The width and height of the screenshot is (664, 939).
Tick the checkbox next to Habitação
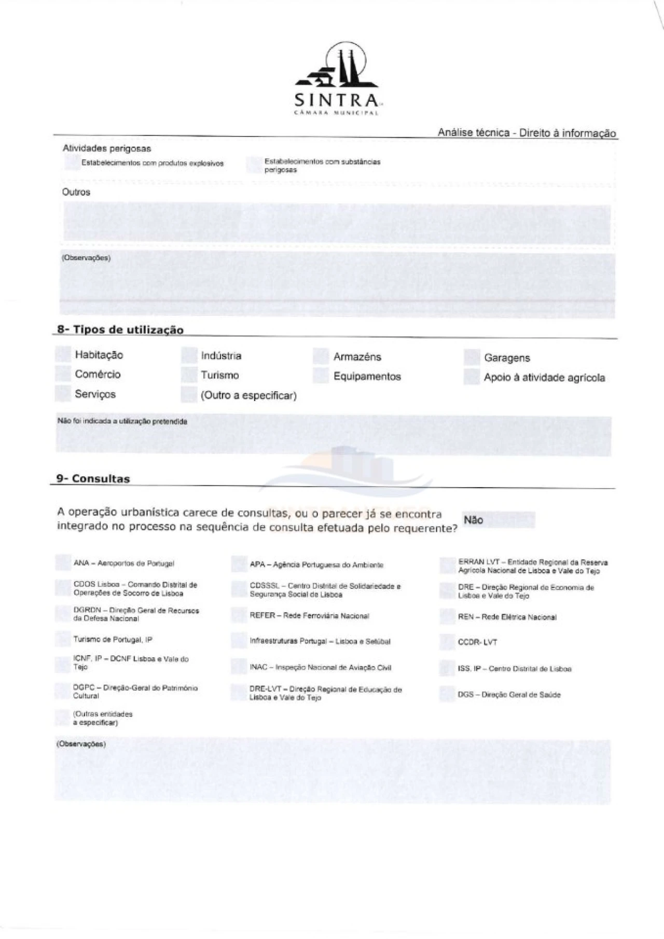pos(63,354)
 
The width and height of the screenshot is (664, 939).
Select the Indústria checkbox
pos(189,355)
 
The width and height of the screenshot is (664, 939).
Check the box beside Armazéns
pos(321,356)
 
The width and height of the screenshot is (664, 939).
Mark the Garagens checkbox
pos(472,357)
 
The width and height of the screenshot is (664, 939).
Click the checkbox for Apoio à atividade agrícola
pos(472,377)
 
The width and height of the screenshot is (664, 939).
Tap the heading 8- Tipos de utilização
pos(120,330)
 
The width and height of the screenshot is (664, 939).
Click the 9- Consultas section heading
pos(93,479)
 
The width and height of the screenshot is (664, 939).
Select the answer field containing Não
pos(497,520)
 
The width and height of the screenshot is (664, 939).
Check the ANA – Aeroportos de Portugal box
pos(63,563)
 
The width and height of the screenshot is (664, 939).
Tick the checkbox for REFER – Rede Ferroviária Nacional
pos(239,616)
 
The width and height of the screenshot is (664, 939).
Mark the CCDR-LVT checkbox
pos(447,642)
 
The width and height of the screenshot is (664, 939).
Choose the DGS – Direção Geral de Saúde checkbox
pos(447,694)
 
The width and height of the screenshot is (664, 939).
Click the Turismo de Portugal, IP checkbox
pos(63,639)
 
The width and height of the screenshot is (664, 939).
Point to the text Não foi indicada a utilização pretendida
pos(122,421)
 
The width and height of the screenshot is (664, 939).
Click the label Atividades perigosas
pos(107,148)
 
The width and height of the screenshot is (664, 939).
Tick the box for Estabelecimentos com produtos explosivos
pos(72,163)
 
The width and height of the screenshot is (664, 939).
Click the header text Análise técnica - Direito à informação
pos(527,133)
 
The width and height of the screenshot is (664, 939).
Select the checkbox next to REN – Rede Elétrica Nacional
pos(447,617)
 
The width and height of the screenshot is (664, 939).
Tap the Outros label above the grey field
pos(76,192)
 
